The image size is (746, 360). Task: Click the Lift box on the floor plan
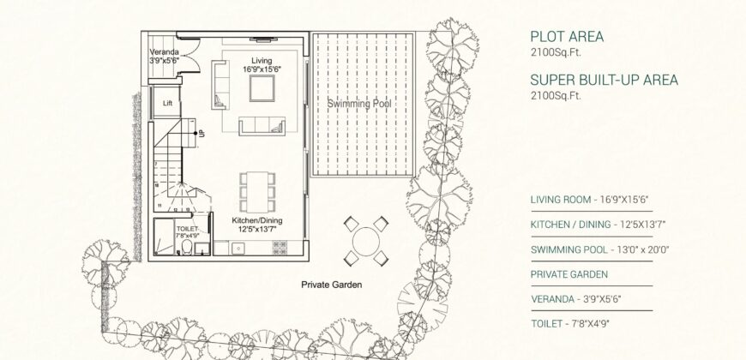(x=167, y=103)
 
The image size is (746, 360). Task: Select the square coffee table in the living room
(x=262, y=89)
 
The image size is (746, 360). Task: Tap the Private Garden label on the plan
(x=331, y=284)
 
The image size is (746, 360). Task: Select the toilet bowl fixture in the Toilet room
(x=186, y=248)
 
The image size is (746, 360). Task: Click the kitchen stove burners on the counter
(x=280, y=247)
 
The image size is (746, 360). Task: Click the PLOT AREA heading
(x=567, y=37)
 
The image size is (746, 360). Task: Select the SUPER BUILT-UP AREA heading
(x=604, y=80)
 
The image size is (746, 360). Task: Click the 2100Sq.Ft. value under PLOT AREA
(x=556, y=52)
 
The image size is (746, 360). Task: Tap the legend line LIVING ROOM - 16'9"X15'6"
(x=589, y=200)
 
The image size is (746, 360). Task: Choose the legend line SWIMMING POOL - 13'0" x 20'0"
(x=599, y=249)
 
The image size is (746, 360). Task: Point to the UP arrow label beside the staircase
(x=202, y=133)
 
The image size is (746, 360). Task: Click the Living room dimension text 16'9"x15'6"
(x=262, y=69)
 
